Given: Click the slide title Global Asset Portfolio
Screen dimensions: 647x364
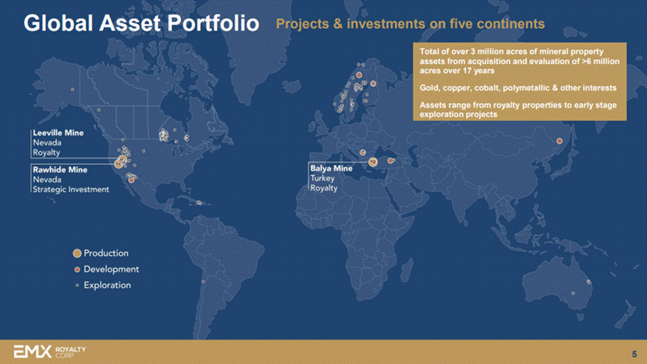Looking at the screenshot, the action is pos(141,23).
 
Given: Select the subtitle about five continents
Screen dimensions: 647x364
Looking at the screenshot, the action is pos(411,24).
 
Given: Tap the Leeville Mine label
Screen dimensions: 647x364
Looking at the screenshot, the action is pos(59,133).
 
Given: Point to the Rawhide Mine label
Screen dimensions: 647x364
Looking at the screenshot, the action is pos(60,170).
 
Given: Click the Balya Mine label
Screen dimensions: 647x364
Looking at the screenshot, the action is pos(332,169).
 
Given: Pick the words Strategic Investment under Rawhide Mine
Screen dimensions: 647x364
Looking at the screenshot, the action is pos(71,190).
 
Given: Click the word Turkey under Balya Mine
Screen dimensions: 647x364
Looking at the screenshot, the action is pos(322,179).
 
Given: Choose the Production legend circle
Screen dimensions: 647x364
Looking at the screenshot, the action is pos(76,253).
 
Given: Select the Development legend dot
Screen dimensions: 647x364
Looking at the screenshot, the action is pos(76,269).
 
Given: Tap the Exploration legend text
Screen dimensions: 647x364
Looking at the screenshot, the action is pos(107,286).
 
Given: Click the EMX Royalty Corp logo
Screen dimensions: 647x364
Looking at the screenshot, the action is pos(50,352).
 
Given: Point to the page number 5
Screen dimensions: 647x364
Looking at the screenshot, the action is pos(635,354).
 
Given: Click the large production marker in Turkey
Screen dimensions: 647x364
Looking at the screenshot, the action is pos(372,162).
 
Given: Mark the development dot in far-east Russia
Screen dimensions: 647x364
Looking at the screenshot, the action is pos(560,141).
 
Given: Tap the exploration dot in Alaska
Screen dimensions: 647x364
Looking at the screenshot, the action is pos(73,89).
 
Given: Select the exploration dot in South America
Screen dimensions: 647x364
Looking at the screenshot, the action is pos(203,282).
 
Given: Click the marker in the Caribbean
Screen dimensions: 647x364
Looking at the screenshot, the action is pos(199,202).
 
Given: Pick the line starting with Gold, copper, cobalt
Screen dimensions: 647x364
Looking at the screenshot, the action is pos(518,88).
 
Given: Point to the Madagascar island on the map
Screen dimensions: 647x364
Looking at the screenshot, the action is pos(407,269).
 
